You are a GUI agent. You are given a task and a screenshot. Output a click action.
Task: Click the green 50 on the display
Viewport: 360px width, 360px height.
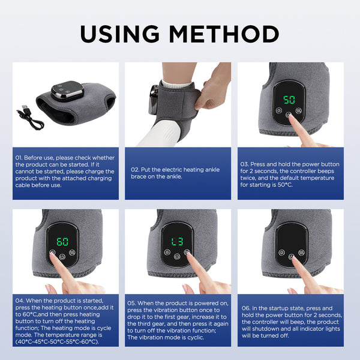(289, 100)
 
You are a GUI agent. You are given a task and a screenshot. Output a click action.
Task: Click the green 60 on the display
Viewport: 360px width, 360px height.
(62, 241)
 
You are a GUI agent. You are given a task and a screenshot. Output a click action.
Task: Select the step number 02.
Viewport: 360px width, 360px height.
(135, 169)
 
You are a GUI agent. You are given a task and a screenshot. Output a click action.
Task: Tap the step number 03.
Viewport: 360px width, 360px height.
(245, 164)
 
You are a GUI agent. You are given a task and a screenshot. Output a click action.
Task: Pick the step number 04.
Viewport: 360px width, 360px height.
(19, 301)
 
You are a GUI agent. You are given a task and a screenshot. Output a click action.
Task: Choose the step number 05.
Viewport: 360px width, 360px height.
(133, 303)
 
